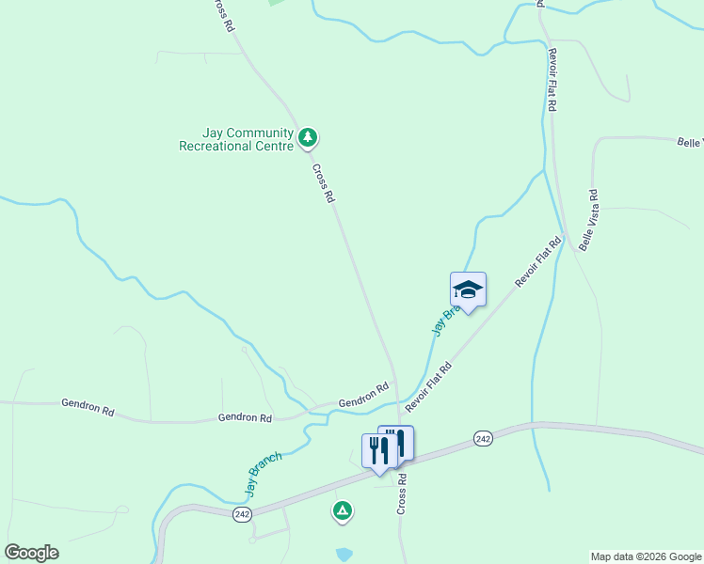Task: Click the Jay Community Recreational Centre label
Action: pyautogui.click(x=236, y=140)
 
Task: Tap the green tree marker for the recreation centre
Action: pyautogui.click(x=307, y=138)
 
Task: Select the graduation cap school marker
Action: pyautogui.click(x=468, y=289)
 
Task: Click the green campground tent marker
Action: pyautogui.click(x=343, y=510)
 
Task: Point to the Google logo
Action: pyautogui.click(x=31, y=553)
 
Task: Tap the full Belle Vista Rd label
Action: pyautogui.click(x=589, y=220)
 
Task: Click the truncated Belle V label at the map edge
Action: pyautogui.click(x=690, y=142)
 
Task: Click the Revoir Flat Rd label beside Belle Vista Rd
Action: pyautogui.click(x=537, y=261)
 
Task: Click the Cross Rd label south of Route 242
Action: pyautogui.click(x=402, y=493)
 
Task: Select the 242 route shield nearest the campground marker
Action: pyautogui.click(x=243, y=513)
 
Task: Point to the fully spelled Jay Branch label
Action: pyautogui.click(x=264, y=475)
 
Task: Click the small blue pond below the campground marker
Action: pyautogui.click(x=344, y=554)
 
